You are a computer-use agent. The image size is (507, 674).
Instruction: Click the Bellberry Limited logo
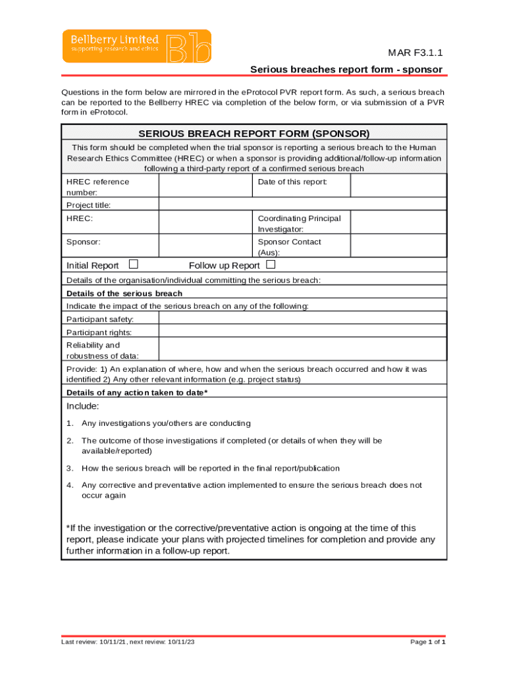click(137, 46)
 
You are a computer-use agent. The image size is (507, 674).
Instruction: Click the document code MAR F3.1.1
click(414, 53)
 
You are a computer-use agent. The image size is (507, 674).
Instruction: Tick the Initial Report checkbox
click(134, 265)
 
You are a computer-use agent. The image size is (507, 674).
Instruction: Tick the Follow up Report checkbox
click(270, 265)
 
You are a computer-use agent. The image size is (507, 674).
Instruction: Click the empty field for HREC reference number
click(205, 186)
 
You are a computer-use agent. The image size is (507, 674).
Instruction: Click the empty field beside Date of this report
click(398, 186)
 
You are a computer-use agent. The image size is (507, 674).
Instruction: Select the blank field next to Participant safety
click(302, 319)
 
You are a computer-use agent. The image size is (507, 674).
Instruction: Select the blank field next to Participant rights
click(302, 332)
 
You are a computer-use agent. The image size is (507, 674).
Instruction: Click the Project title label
click(89, 205)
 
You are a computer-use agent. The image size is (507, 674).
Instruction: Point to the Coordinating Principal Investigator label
click(299, 223)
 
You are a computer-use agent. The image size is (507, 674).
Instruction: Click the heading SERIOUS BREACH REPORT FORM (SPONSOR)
click(254, 133)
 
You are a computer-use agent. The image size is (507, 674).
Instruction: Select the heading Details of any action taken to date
click(137, 393)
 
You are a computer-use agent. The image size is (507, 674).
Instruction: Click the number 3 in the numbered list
click(69, 469)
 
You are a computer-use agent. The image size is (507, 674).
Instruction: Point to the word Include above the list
click(83, 406)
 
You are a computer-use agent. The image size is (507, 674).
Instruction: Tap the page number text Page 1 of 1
click(427, 642)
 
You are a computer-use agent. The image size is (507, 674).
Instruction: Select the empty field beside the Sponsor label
click(205, 246)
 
